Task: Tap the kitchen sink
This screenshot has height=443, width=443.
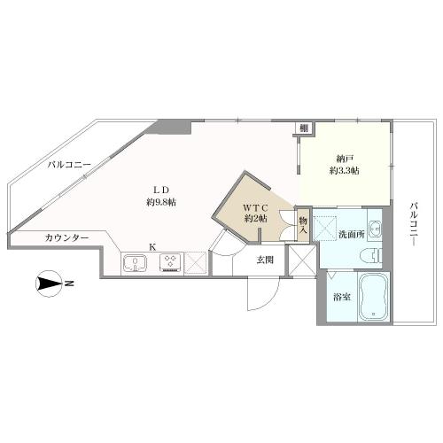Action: point(135,262)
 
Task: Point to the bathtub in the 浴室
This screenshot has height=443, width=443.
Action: point(374,297)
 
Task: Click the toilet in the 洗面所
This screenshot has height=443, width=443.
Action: point(372,256)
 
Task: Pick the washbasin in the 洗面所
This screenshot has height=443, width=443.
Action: point(376,229)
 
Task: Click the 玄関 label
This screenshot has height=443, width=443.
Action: point(265,260)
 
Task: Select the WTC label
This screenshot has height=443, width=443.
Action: point(256,208)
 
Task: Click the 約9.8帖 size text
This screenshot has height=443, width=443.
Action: point(161,202)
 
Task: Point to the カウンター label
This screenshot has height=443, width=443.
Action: point(67,237)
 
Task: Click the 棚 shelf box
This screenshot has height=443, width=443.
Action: point(304,128)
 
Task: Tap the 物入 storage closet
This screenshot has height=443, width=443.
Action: point(303,225)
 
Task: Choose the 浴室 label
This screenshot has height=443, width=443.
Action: point(342,297)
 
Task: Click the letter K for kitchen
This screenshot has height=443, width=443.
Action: point(152,247)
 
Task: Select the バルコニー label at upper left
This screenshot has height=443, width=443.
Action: point(70,165)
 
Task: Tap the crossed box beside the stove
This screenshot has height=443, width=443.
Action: point(195,263)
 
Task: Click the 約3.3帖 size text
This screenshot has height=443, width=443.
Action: point(345,171)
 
